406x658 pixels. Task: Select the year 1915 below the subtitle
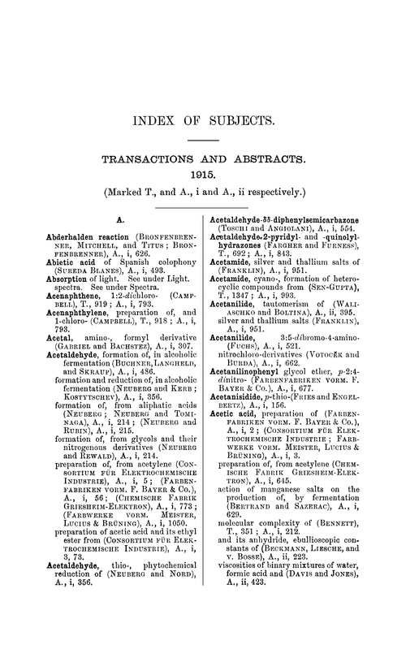(202, 177)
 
